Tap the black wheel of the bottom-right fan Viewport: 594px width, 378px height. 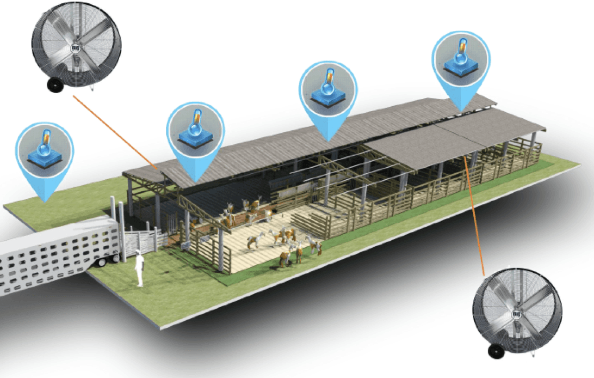coord(497,351)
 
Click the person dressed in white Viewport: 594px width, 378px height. coord(139,269)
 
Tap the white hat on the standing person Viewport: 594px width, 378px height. coord(138,252)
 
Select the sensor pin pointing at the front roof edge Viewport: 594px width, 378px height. coord(195,131)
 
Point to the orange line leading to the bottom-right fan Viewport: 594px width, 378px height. coord(474,212)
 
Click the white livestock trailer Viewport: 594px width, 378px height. coord(49,256)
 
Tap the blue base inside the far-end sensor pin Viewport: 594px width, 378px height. coord(461,68)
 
